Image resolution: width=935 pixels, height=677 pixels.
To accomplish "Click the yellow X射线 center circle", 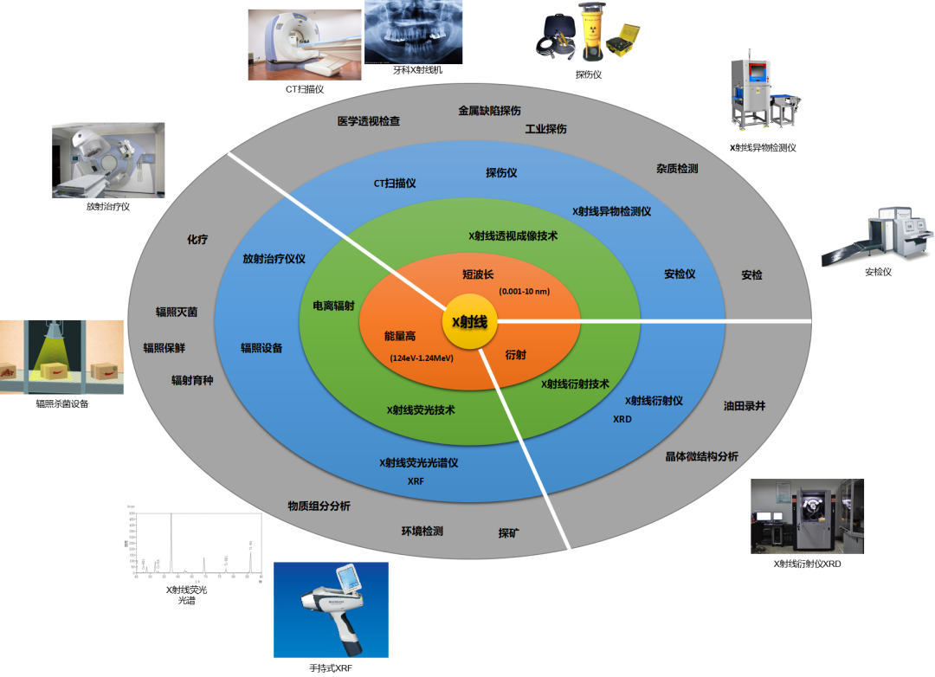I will (469, 322).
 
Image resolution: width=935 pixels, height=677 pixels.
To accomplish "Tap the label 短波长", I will (478, 274).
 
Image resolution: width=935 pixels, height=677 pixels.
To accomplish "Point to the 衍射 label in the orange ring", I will (516, 354).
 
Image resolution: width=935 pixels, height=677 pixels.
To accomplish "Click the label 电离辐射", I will (333, 306).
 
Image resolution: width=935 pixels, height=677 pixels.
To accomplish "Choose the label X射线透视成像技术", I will (513, 235).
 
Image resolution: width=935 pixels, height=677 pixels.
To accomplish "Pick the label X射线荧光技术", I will (421, 410).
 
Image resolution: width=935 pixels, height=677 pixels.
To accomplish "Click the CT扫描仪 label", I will (395, 184).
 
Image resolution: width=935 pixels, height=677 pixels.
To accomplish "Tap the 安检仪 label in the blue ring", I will (680, 274).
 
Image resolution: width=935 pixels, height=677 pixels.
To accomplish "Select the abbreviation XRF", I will (416, 480).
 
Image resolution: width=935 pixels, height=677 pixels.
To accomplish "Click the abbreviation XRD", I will (622, 419).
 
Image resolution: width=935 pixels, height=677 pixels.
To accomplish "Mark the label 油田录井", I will (745, 405).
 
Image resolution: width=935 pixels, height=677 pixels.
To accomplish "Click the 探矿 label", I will (509, 532).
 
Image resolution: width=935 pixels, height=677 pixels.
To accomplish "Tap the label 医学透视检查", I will (369, 121).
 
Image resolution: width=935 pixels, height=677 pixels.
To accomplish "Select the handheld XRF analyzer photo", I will (331, 609).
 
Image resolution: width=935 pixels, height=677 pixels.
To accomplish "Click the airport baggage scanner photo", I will (877, 236).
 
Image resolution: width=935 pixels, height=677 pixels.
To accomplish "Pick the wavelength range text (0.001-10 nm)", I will (525, 291).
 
